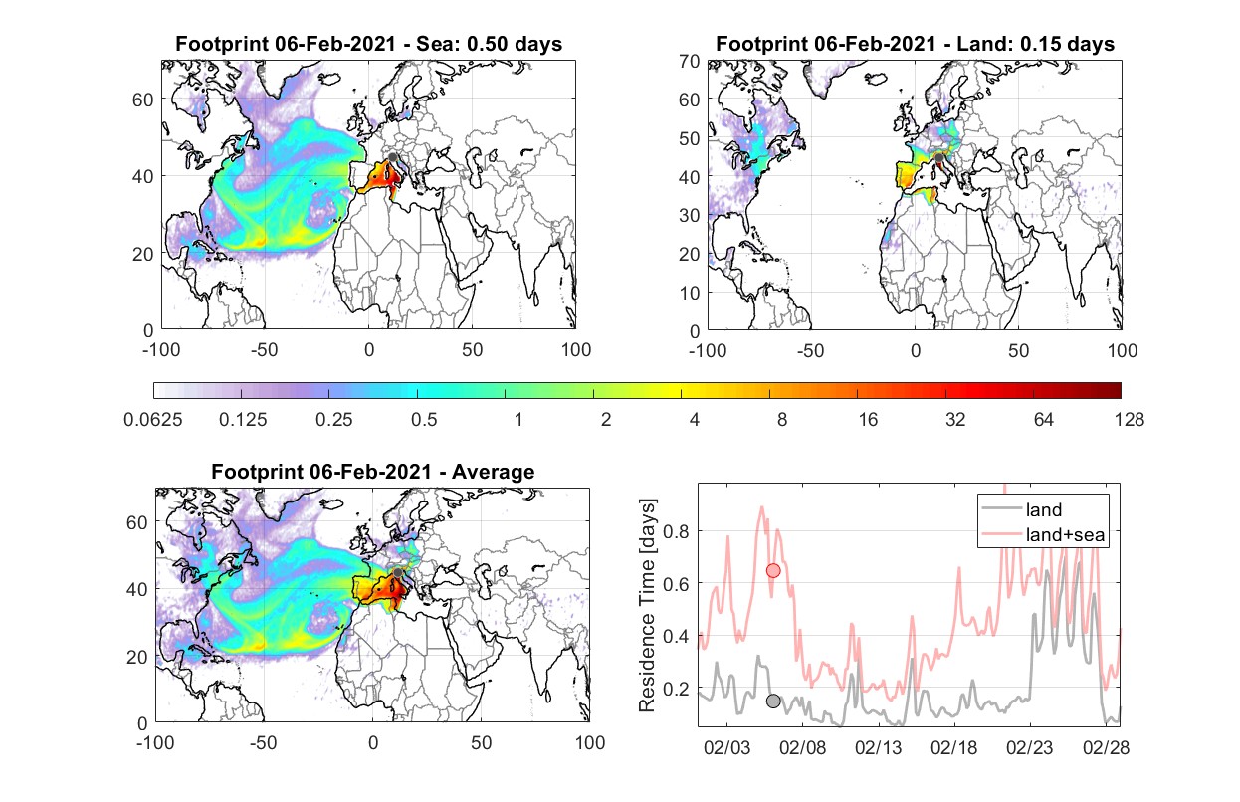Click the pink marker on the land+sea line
tap(773, 570)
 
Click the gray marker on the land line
tap(773, 701)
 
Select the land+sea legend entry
tap(1043, 534)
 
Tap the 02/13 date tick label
tap(878, 747)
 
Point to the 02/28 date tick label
tap(1106, 747)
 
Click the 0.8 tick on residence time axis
tap(676, 531)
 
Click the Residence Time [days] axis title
tap(647, 605)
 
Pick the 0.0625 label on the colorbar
tap(153, 420)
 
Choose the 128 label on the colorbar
tap(1130, 420)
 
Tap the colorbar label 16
tap(868, 420)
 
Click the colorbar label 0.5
tap(424, 420)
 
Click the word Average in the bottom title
tap(494, 472)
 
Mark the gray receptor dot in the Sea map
tap(393, 157)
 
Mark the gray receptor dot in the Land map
tap(938, 158)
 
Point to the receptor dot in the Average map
tap(398, 572)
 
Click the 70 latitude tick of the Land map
tap(690, 61)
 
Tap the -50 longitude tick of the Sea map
tap(264, 350)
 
